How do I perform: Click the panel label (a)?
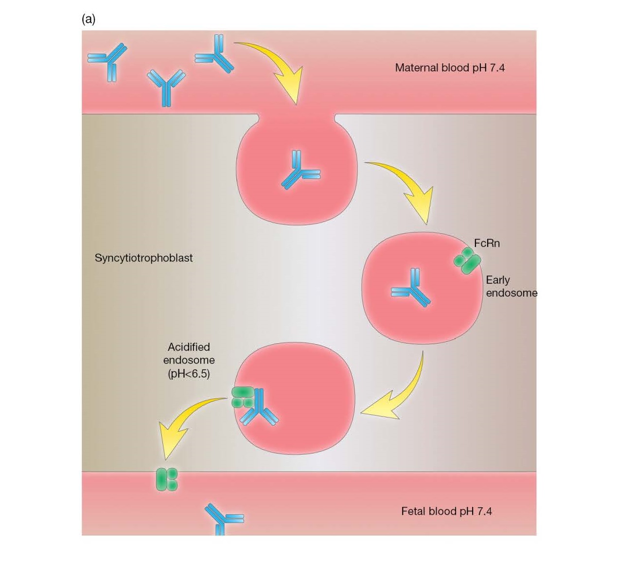tap(88, 19)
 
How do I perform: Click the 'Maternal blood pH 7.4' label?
tap(449, 68)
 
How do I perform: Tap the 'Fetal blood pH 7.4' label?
tap(446, 511)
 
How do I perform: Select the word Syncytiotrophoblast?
tap(143, 258)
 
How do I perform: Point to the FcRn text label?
tap(486, 243)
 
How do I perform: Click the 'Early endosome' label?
tap(511, 286)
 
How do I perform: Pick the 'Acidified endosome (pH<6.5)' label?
tap(189, 360)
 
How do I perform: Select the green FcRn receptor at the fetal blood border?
tap(166, 479)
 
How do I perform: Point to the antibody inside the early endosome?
tap(411, 288)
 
